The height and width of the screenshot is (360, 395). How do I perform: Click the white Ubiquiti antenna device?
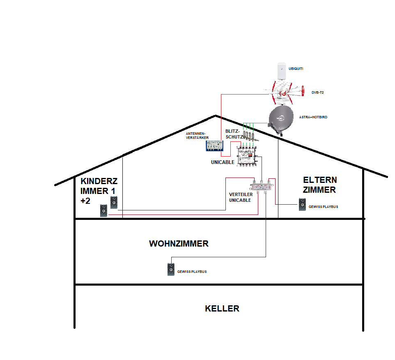coord(281,71)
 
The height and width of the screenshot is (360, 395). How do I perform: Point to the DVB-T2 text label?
coord(317,93)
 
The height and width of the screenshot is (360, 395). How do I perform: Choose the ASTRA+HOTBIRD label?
coord(314,117)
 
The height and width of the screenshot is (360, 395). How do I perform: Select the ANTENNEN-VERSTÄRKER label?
coord(197,136)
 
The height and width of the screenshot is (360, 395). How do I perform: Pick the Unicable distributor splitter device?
coord(262,189)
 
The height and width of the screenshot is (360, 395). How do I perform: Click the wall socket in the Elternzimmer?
coord(303,204)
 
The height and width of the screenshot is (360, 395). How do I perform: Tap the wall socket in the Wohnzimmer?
coord(171,270)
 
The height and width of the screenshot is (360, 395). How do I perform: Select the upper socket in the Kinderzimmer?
coord(113,202)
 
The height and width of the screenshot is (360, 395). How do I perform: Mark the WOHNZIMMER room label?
coord(179,244)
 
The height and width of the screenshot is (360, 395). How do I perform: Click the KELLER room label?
coord(222,309)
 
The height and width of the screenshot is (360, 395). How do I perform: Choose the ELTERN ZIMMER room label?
coord(320,185)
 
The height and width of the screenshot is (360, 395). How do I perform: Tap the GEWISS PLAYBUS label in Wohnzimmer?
coord(192,272)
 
